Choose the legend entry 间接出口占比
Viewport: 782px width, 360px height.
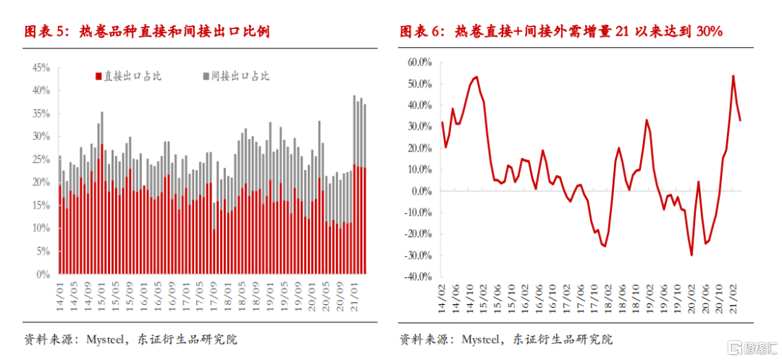click(235, 76)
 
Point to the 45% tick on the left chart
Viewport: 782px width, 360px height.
click(41, 67)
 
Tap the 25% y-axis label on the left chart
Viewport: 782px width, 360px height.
click(41, 159)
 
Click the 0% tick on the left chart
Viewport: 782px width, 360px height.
click(44, 275)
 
